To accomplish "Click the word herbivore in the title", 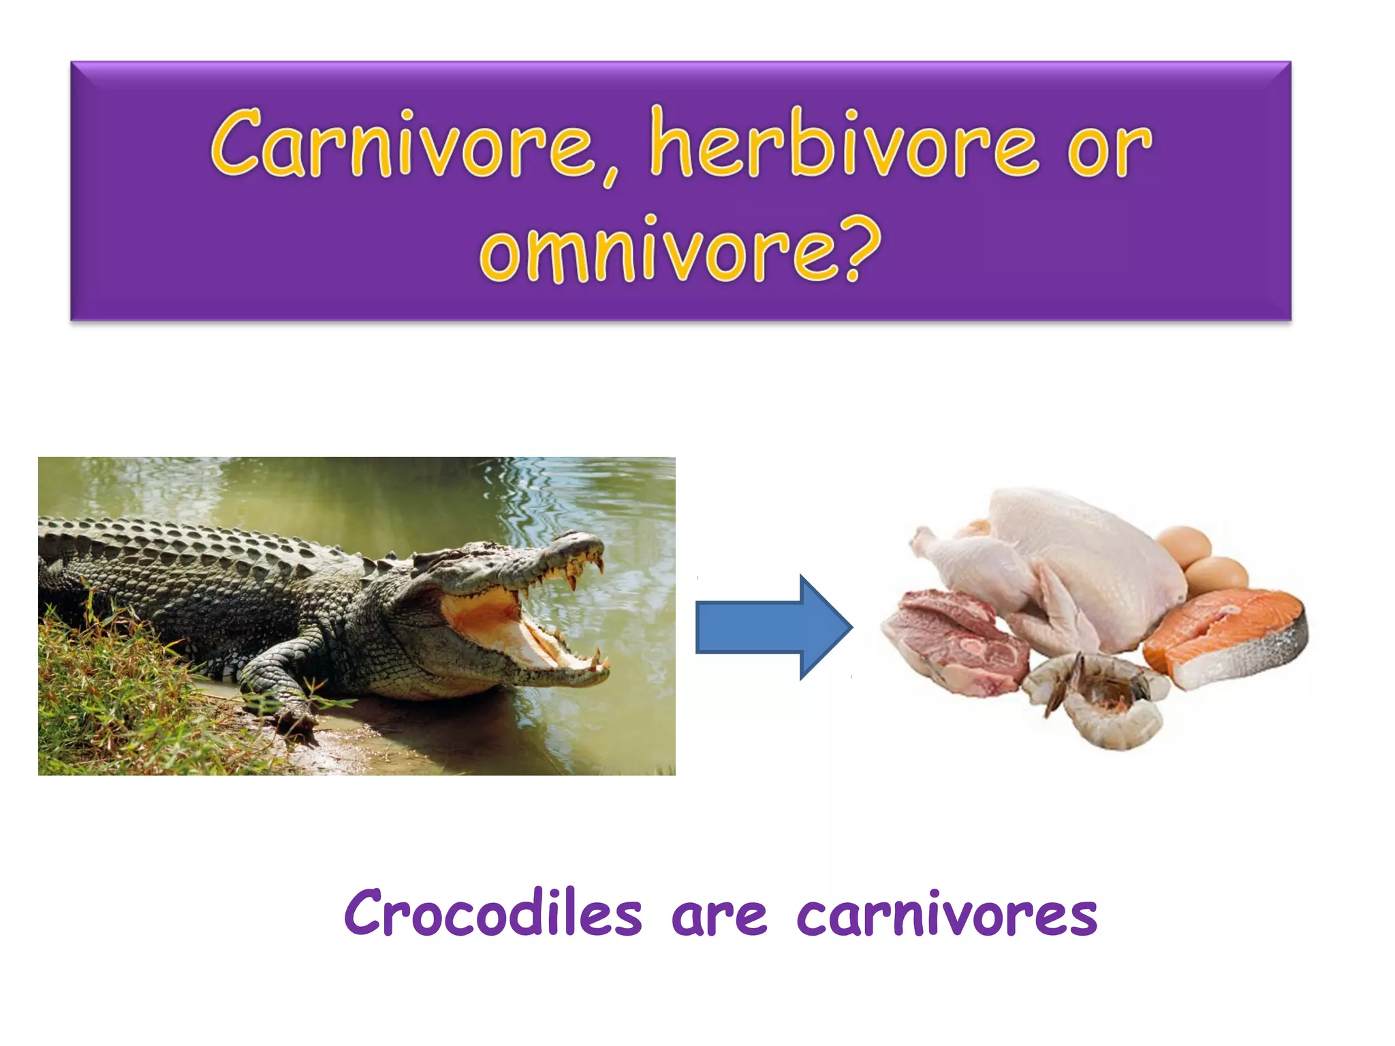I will [x=843, y=144].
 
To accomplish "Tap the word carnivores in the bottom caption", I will [x=947, y=916].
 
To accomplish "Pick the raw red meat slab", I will [x=954, y=644].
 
